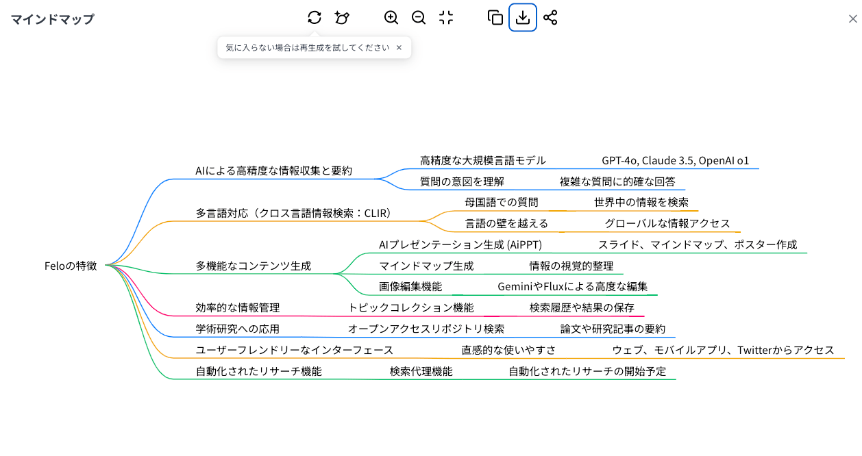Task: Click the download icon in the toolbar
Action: [x=523, y=18]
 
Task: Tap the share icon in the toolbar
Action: [x=550, y=18]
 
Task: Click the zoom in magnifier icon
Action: [x=391, y=18]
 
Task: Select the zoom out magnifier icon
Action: [x=419, y=18]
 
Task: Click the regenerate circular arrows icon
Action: [x=315, y=18]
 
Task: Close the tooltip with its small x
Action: [x=399, y=48]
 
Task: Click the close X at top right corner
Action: [x=852, y=19]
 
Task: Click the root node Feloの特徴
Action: [x=71, y=266]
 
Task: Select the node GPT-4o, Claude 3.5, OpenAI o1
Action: [x=675, y=161]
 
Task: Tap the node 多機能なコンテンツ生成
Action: [x=253, y=266]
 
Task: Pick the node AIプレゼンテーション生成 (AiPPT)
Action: [x=460, y=244]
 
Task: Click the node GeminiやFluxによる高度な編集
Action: [x=572, y=286]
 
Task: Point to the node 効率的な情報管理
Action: [x=237, y=307]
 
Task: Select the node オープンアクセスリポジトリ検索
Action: [x=426, y=329]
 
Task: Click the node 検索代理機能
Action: [x=421, y=371]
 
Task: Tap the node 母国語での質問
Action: [x=501, y=202]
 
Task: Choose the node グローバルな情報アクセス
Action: [x=667, y=223]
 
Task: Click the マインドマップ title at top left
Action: [x=52, y=19]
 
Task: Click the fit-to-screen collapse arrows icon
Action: [x=446, y=18]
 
